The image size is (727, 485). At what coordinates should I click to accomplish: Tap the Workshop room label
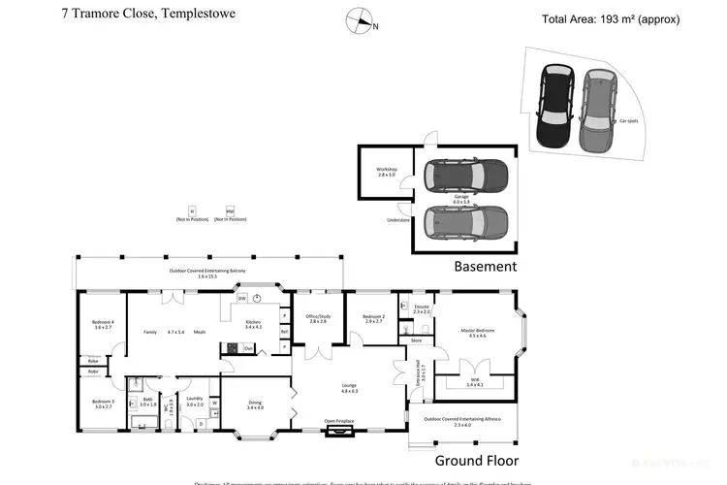click(388, 172)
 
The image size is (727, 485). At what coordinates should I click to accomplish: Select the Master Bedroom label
click(477, 333)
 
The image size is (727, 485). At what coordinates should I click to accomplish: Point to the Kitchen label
click(254, 324)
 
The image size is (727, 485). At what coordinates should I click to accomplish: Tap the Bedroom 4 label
click(103, 324)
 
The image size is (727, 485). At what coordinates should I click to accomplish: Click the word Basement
click(486, 266)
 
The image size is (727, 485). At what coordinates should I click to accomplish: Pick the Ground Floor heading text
click(476, 461)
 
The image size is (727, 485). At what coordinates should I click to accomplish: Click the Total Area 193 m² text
click(611, 19)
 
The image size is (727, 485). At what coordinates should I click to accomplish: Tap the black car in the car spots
click(556, 106)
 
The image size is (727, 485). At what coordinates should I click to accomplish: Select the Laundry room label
click(195, 402)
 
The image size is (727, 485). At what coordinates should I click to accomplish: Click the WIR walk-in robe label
click(474, 383)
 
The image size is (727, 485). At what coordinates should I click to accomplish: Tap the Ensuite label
click(421, 309)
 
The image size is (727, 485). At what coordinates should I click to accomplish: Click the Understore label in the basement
click(399, 220)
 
